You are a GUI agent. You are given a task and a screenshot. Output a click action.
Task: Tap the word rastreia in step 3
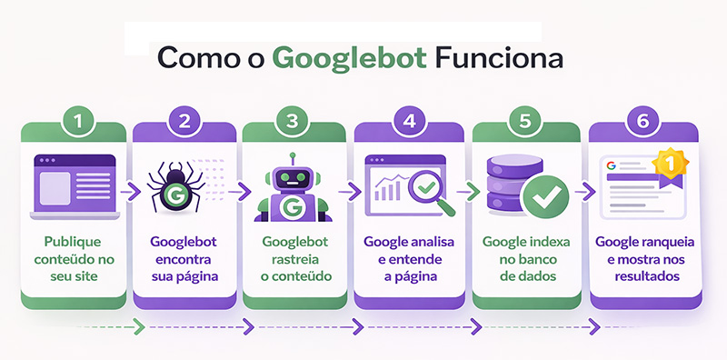coord(293,259)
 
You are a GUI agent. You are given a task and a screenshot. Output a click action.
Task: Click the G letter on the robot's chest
coord(293,208)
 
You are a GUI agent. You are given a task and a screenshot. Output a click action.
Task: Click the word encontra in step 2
coord(185,259)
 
